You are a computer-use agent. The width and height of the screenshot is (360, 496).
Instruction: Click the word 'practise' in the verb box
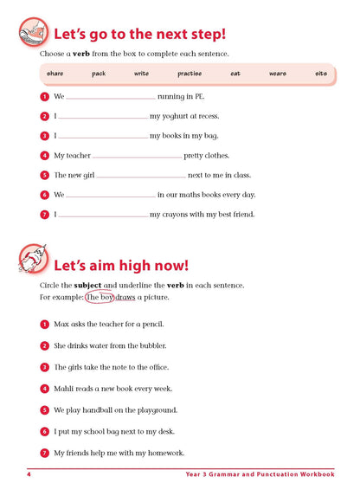190,74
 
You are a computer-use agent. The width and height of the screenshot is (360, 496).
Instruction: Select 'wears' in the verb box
277,74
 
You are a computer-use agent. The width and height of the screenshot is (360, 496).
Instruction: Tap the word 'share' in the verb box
55,74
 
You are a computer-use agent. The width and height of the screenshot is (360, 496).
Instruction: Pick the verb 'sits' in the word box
321,74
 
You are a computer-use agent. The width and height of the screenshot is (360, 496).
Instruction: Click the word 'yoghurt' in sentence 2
180,116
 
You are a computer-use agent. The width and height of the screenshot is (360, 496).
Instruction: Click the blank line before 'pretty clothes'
137,157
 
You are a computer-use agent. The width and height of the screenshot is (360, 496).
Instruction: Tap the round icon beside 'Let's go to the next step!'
32,32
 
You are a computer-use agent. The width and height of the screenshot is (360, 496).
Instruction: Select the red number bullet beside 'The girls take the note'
44,367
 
